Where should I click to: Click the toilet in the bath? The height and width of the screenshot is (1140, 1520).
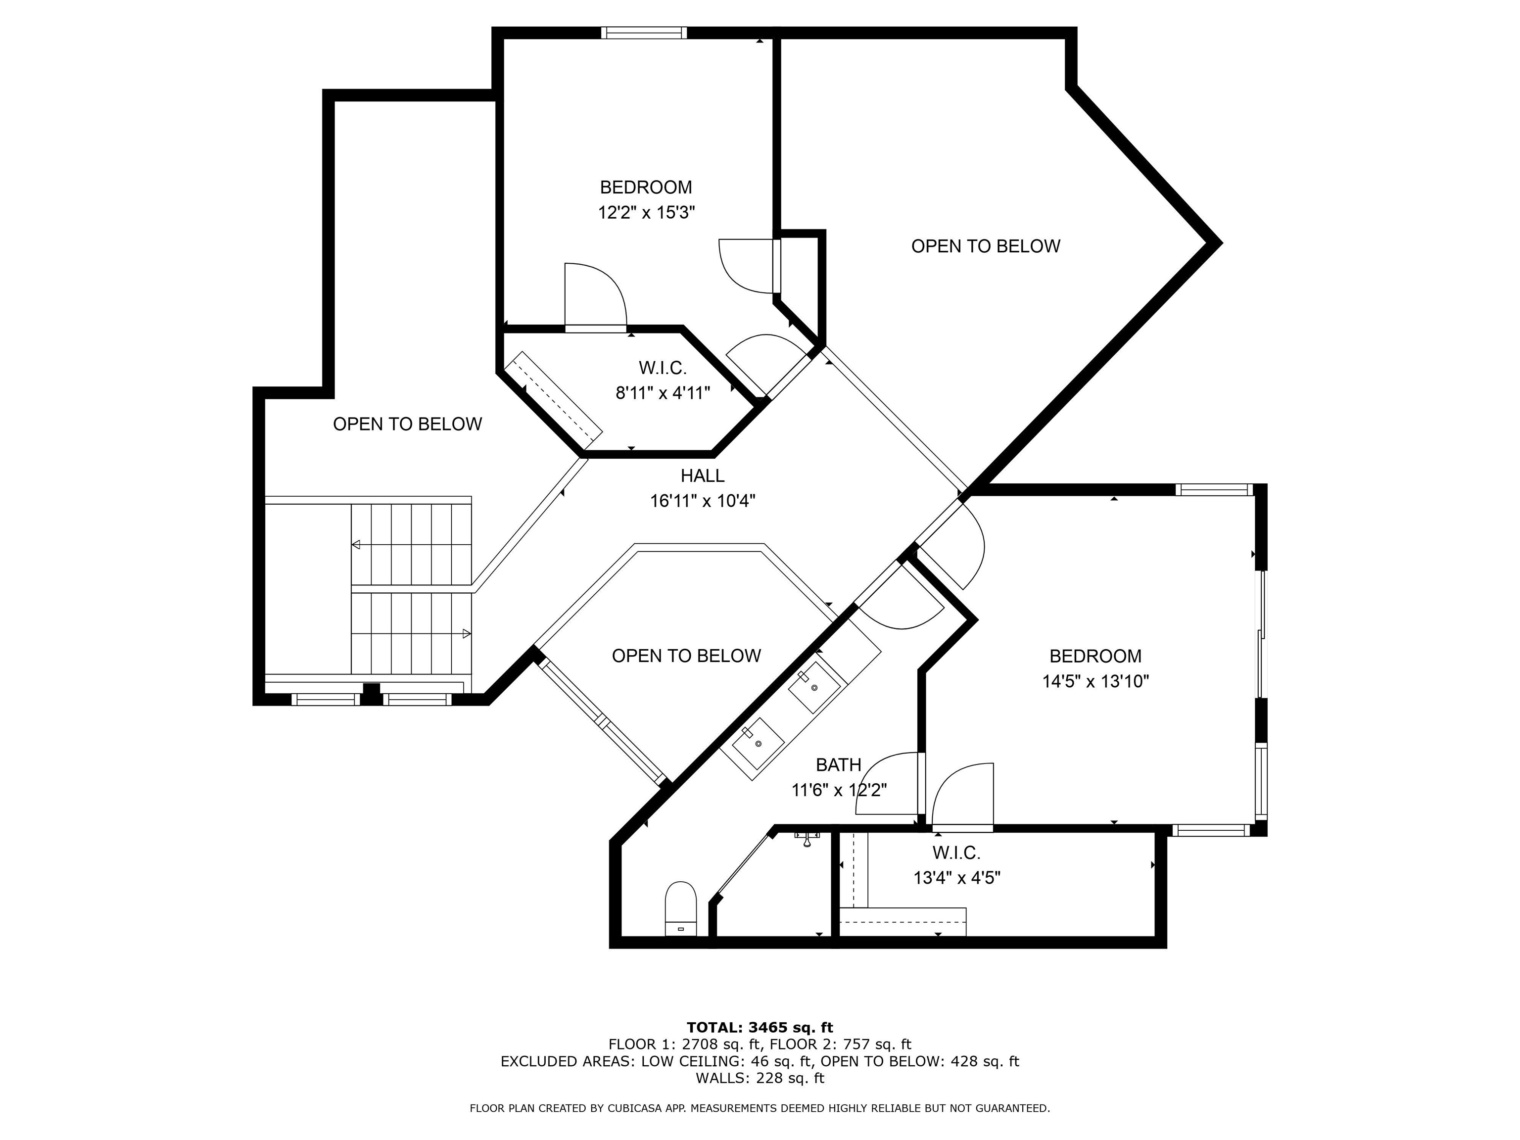(680, 908)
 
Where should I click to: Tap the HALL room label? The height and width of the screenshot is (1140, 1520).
(702, 475)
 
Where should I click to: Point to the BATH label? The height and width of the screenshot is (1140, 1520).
(838, 765)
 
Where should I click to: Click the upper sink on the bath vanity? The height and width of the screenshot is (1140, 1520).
(815, 686)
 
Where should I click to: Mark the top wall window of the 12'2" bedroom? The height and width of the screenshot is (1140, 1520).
(644, 32)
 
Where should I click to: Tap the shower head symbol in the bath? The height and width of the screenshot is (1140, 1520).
(808, 838)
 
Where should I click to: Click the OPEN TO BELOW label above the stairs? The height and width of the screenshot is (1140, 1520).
(408, 424)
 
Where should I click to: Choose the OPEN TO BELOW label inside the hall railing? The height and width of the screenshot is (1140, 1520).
(686, 656)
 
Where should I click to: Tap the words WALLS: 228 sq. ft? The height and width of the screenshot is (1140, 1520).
(760, 1078)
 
